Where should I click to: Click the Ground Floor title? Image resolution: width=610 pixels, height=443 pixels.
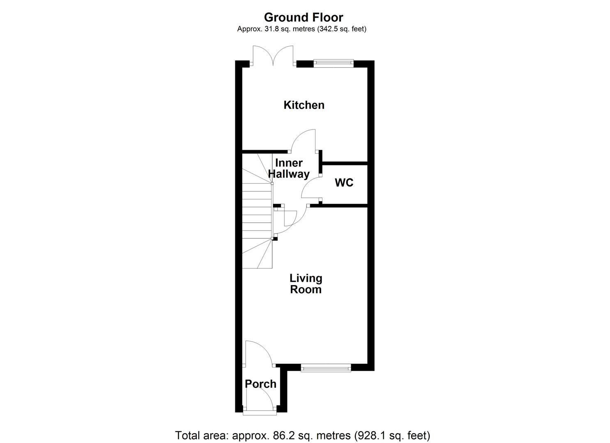pos(303,17)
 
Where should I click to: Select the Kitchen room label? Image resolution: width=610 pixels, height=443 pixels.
pos(304,105)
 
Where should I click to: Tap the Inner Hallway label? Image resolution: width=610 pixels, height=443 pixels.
pos(289,169)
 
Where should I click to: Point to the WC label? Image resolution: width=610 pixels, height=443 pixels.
pos(344,183)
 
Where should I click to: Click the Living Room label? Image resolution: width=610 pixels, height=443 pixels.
pos(306,284)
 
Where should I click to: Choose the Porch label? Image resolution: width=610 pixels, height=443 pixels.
pos(260,384)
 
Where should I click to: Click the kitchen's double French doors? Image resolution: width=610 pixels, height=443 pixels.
pos(273,56)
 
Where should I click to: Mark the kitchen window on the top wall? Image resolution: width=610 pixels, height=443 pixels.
pos(333,63)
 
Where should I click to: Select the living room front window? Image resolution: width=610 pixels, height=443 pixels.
pos(326,368)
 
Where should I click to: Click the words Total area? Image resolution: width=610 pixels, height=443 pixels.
pos(200,435)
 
